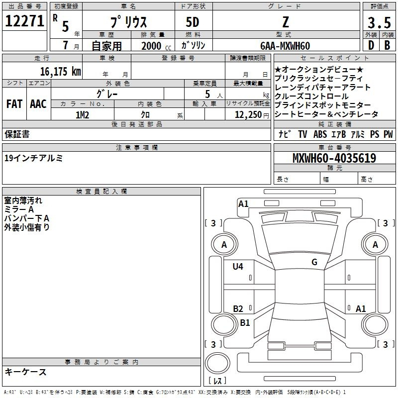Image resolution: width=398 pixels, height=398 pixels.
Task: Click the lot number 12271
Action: tap(24, 21)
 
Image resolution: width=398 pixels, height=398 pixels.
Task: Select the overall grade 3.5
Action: tap(379, 22)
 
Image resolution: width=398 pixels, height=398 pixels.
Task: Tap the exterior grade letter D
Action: tap(371, 45)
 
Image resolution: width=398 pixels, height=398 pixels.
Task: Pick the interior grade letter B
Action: tap(387, 45)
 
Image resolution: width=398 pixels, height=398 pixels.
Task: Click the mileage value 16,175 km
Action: tap(60, 72)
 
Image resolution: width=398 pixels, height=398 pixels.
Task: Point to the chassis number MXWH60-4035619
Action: tap(334, 158)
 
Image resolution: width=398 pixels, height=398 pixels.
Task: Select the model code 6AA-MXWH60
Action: tap(285, 46)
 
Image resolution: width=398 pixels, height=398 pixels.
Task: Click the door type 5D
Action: tap(193, 22)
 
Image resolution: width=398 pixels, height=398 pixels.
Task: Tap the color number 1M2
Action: tap(82, 115)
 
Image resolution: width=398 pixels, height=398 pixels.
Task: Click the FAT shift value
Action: tap(14, 104)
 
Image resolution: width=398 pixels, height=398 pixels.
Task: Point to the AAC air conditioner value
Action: tap(38, 104)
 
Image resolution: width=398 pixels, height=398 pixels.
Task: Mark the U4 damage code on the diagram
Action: tap(238, 267)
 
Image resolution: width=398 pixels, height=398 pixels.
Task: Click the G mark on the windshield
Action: tap(314, 262)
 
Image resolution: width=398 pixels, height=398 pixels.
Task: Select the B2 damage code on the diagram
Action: tap(238, 308)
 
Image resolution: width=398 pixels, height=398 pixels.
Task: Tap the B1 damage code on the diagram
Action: tap(245, 322)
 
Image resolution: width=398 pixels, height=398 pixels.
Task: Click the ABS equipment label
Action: tap(320, 134)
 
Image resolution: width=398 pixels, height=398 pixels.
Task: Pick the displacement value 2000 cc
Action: tap(156, 46)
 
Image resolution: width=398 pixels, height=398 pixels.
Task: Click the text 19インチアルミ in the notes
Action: tap(33, 158)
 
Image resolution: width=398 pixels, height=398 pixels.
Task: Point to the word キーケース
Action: tap(26, 372)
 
